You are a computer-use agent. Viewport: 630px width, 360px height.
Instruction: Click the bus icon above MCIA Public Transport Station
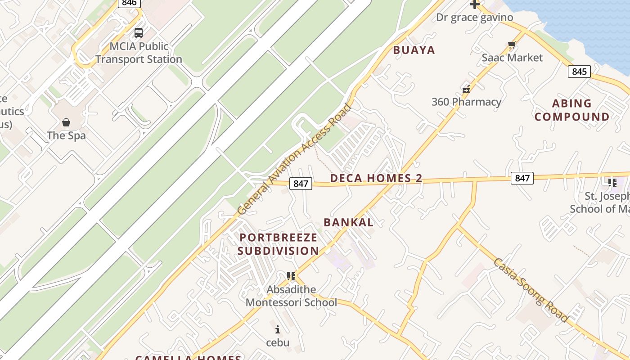click(139, 33)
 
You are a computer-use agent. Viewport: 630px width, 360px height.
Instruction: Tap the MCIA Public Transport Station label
click(139, 53)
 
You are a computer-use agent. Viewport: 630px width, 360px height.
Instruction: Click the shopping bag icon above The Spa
click(66, 122)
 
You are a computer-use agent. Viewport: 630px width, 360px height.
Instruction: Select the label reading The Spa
click(66, 135)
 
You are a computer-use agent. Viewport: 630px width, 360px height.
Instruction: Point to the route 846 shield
click(129, 3)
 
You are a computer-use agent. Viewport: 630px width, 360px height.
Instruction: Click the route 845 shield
click(579, 72)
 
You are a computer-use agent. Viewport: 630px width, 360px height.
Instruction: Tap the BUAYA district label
click(414, 50)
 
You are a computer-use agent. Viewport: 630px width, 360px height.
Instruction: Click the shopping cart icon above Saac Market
click(512, 45)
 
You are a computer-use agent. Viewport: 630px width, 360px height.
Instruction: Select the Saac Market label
click(512, 58)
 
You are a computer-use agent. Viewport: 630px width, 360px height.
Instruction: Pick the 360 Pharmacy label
click(466, 102)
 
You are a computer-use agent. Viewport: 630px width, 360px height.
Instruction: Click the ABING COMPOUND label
click(572, 110)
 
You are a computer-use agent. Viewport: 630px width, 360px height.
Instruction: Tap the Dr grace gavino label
click(474, 18)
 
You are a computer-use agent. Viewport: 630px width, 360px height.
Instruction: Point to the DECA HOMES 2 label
click(376, 178)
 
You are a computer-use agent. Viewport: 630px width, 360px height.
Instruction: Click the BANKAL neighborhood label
click(348, 222)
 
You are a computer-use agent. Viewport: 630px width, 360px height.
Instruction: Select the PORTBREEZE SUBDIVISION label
click(278, 244)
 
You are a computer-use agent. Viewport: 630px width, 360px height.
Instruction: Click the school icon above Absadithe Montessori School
click(291, 276)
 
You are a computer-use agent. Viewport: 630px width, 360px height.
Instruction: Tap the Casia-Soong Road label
click(531, 290)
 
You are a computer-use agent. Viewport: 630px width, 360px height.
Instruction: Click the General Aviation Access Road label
click(294, 159)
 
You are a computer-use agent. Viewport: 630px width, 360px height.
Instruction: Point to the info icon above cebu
click(278, 329)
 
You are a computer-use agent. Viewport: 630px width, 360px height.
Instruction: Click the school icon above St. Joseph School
click(612, 183)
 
